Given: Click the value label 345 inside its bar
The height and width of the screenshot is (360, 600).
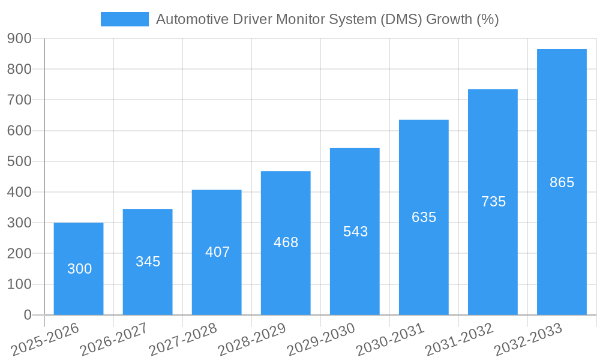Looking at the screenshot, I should point(148,262).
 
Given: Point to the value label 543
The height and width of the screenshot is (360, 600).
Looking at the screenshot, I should point(355,232).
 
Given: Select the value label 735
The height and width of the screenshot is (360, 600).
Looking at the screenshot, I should point(493,202).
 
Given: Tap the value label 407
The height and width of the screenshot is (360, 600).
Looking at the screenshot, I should point(217,252).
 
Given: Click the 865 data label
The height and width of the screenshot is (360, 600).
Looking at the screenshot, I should point(562,182).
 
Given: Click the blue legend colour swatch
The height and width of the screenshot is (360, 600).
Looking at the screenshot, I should point(124,19).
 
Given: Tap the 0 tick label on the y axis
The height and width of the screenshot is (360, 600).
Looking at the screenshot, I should point(27,315).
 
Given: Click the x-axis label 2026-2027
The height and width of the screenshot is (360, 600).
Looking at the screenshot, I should point(113,340).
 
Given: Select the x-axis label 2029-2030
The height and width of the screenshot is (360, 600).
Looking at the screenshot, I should point(321,340).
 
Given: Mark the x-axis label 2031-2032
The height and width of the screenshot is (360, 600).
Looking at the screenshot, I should point(459,340).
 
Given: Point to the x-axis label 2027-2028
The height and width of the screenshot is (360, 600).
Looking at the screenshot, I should point(182,340).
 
